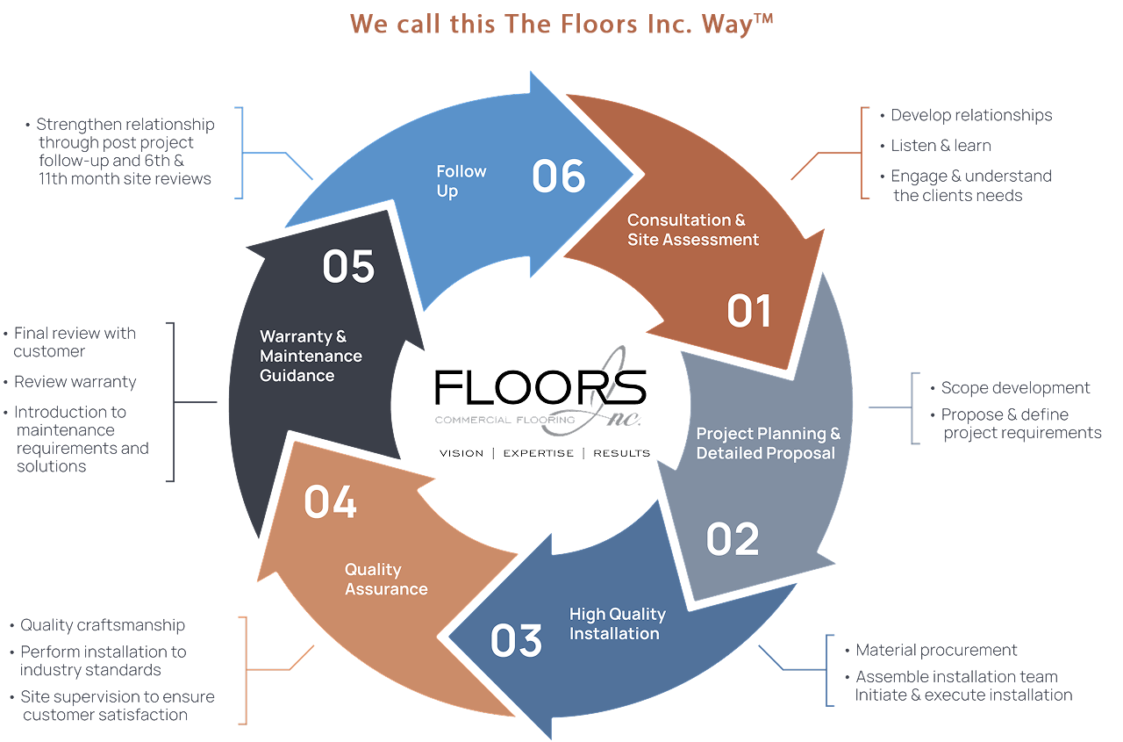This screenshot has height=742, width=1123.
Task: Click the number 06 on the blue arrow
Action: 558,176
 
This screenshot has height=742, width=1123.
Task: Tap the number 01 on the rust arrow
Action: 748,312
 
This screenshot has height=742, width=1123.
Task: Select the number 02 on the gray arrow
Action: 733,538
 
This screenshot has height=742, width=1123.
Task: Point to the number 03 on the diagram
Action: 516,640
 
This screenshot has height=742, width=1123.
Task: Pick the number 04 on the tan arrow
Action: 331,501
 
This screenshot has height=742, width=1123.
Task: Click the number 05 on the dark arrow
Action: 348,267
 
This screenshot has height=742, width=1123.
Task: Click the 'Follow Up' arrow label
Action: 461,181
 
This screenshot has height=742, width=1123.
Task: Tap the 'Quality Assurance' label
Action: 386,580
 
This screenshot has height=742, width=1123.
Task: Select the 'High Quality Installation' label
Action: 617,623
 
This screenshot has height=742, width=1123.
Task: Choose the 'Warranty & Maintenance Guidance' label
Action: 311,356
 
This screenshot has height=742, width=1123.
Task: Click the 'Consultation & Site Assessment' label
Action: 693,229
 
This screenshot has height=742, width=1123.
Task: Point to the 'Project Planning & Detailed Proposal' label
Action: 768,443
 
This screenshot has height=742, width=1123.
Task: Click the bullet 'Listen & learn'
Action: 941,146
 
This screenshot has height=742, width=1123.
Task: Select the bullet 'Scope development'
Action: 1015,388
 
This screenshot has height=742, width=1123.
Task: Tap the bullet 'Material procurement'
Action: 936,651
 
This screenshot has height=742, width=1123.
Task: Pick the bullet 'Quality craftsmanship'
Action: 103,625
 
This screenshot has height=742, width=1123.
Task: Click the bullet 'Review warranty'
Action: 75,382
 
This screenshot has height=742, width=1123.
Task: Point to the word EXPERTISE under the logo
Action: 538,453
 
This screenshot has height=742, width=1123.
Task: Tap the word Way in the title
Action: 726,24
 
